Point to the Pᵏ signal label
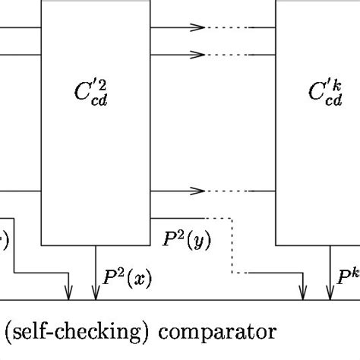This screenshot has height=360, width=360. pyautogui.click(x=348, y=277)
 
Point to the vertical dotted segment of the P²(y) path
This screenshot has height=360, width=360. pyautogui.click(x=231, y=247)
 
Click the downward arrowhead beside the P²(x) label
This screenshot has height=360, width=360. pyautogui.click(x=95, y=292)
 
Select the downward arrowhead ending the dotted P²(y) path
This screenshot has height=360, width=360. pyautogui.click(x=303, y=292)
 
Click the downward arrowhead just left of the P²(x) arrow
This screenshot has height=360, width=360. pyautogui.click(x=70, y=292)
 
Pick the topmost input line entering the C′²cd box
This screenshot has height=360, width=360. pyautogui.click(x=19, y=27)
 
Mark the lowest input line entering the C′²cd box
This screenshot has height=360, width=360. pyautogui.click(x=19, y=190)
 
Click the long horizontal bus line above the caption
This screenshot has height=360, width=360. pyautogui.click(x=182, y=299)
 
